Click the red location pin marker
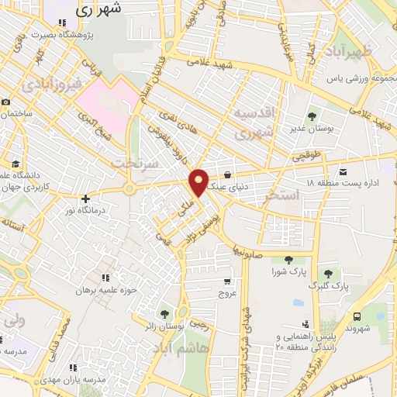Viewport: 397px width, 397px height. (x=199, y=182)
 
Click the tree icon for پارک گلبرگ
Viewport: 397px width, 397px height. (x=329, y=274)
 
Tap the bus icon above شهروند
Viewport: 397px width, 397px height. (x=357, y=316)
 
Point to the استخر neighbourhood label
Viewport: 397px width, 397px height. (x=281, y=195)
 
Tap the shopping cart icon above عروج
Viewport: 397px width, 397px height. (x=226, y=281)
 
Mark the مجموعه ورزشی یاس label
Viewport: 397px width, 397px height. (x=355, y=78)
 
